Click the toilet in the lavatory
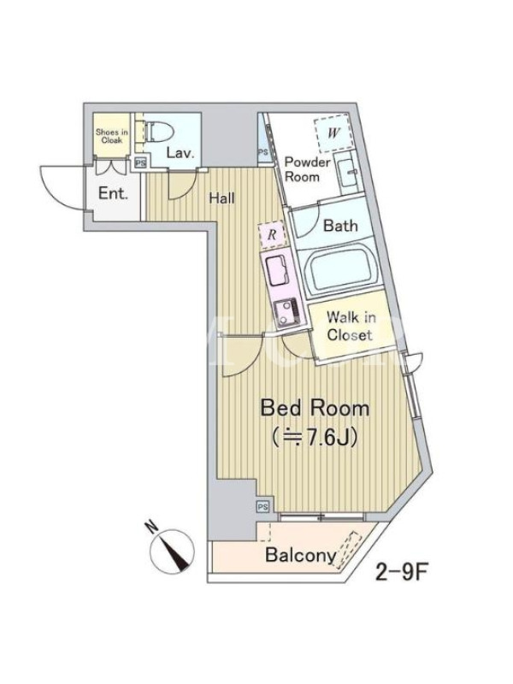tap(158, 132)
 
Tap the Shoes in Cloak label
tap(112, 136)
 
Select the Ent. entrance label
tap(113, 193)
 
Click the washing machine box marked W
tap(333, 133)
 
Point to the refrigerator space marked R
tap(272, 235)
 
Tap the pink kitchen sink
tap(275, 270)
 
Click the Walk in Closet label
tap(351, 326)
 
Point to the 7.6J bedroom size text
tap(315, 437)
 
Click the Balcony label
tap(301, 555)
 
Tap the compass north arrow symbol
tap(172, 551)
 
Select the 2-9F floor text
tap(400, 572)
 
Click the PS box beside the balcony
tap(262, 506)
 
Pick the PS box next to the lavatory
tap(140, 162)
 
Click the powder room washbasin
tap(347, 173)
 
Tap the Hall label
tap(221, 198)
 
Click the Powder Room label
tap(307, 169)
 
